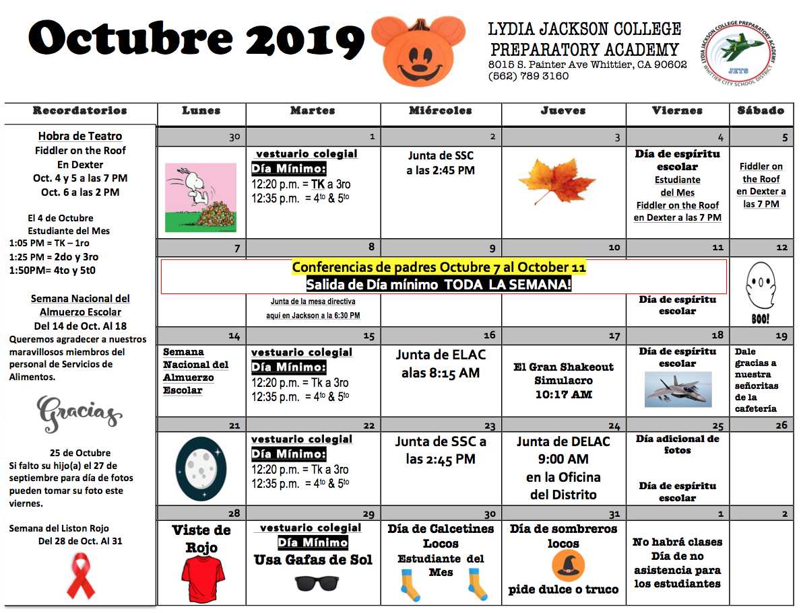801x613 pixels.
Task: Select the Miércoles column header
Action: pos(441,110)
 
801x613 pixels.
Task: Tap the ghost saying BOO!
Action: pos(761,293)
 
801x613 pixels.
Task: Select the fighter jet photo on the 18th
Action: pos(677,389)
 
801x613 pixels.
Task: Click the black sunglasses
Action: pos(317,583)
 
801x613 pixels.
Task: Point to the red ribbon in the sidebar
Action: pos(82,575)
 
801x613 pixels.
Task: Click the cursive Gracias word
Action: pos(79,412)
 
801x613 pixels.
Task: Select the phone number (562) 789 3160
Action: pos(529,76)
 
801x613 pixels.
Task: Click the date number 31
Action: pos(614,514)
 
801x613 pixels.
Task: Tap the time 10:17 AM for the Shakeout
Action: pos(563,394)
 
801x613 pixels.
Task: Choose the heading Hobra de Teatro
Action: pos(79,136)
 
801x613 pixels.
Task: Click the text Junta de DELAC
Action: pos(563,441)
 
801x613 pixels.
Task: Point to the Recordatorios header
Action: pos(79,110)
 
